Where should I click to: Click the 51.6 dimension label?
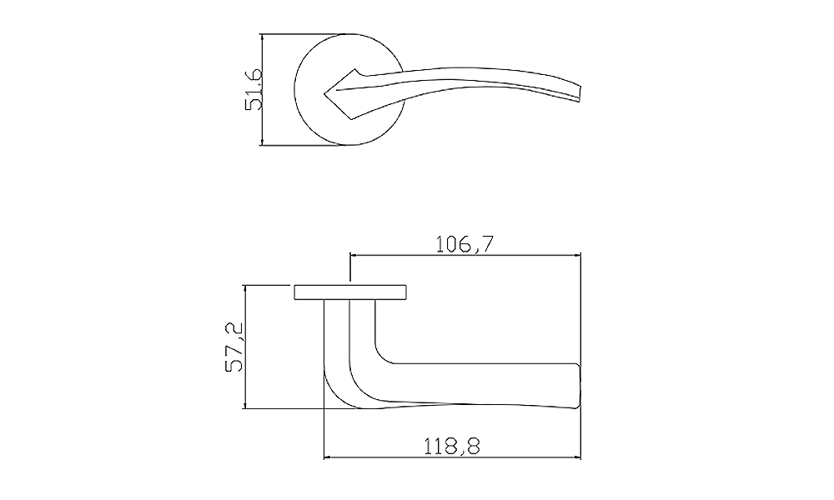click(254, 89)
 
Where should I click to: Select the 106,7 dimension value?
click(465, 244)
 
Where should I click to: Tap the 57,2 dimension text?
click(234, 347)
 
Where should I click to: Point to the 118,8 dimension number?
click(451, 447)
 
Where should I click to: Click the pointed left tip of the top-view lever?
click(325, 94)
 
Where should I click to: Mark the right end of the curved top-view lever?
click(580, 92)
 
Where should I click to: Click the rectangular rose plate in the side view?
click(350, 292)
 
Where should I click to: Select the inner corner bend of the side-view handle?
click(381, 357)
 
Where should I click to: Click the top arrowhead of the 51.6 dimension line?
click(262, 37)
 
